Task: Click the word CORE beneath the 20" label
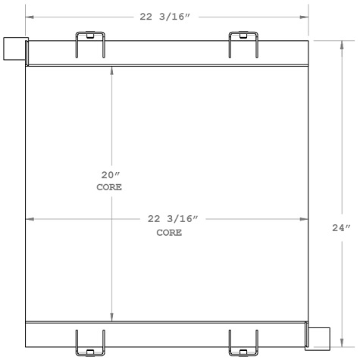coord(111,186)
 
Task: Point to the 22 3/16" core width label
coord(173,219)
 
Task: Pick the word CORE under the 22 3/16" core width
coord(169,233)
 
